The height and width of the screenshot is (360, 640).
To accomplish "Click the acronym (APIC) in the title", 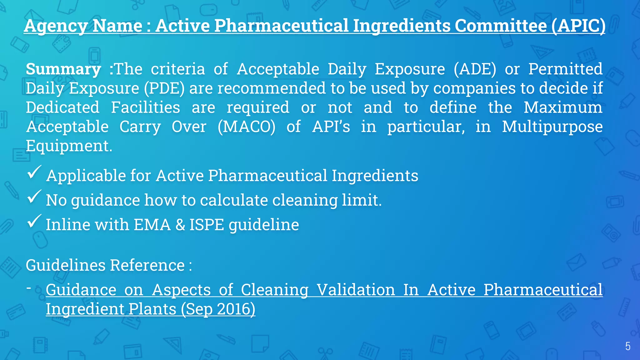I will tap(578, 26).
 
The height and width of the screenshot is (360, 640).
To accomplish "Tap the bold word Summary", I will tap(63, 69).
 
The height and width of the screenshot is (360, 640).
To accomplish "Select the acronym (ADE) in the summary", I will tap(475, 69).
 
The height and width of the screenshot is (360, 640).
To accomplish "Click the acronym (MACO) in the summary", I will tap(247, 127).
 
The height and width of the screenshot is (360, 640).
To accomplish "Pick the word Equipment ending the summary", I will tap(69, 146).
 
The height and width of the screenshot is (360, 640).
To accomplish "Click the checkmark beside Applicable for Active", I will tap(34, 172).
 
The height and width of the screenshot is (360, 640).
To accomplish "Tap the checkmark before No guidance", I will tap(34, 197).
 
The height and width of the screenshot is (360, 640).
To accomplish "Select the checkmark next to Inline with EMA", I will tap(34, 222).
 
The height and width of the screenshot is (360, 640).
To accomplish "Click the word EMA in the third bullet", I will tap(152, 225).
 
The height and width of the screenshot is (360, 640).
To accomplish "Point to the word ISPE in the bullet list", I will tap(207, 225).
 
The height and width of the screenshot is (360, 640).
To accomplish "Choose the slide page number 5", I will tap(627, 346).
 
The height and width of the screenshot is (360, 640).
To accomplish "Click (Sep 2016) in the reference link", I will tap(218, 309).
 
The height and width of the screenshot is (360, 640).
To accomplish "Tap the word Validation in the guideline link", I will tap(356, 290).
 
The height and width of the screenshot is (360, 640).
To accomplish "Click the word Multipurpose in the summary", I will tap(552, 127).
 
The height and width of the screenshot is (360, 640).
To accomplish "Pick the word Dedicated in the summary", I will tap(62, 107).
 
